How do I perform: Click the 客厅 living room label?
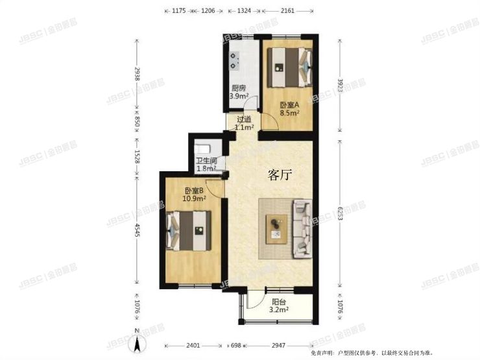point(280,174)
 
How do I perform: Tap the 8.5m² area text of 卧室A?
point(289,113)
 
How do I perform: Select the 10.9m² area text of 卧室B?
point(195,198)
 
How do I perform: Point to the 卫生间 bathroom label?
point(207,162)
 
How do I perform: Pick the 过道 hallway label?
point(243,119)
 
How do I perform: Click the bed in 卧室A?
point(291,66)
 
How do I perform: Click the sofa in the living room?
point(304,228)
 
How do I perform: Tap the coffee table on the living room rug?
point(278,229)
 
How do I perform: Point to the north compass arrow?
point(137,340)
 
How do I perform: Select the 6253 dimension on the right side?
point(340,212)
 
